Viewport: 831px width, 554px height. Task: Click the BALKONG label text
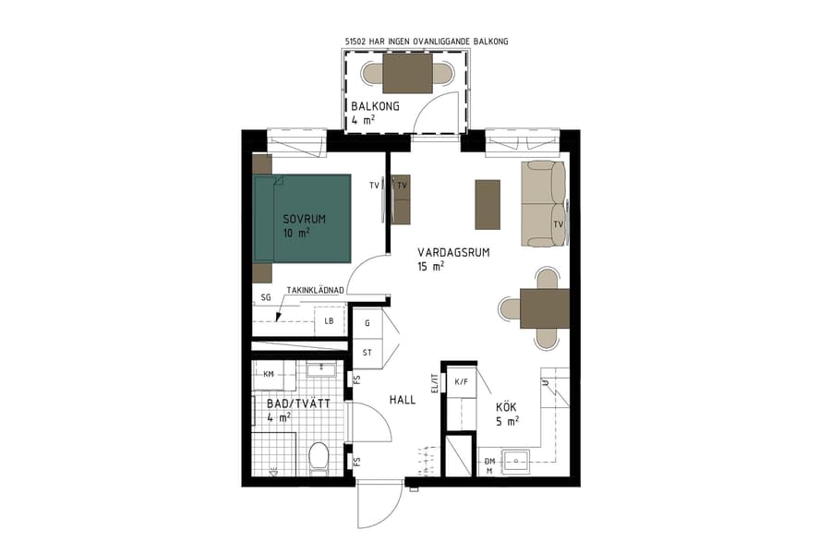click(x=375, y=106)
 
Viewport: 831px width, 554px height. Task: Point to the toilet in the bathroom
click(x=319, y=456)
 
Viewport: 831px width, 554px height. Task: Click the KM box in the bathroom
click(x=269, y=374)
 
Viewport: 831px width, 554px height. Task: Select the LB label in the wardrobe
click(x=328, y=321)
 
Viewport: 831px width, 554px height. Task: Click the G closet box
click(x=367, y=323)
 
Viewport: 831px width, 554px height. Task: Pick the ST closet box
click(x=367, y=353)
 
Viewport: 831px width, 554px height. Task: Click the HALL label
click(x=401, y=400)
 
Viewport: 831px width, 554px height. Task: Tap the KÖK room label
click(x=506, y=405)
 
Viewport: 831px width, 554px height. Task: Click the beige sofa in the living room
click(x=541, y=204)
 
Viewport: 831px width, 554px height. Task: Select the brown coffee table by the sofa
click(x=487, y=204)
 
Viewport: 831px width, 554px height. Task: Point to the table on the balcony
click(x=407, y=73)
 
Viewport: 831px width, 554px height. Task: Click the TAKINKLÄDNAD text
click(x=315, y=290)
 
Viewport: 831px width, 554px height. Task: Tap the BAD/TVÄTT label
click(x=292, y=404)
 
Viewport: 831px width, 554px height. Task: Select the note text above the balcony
click(x=426, y=42)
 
